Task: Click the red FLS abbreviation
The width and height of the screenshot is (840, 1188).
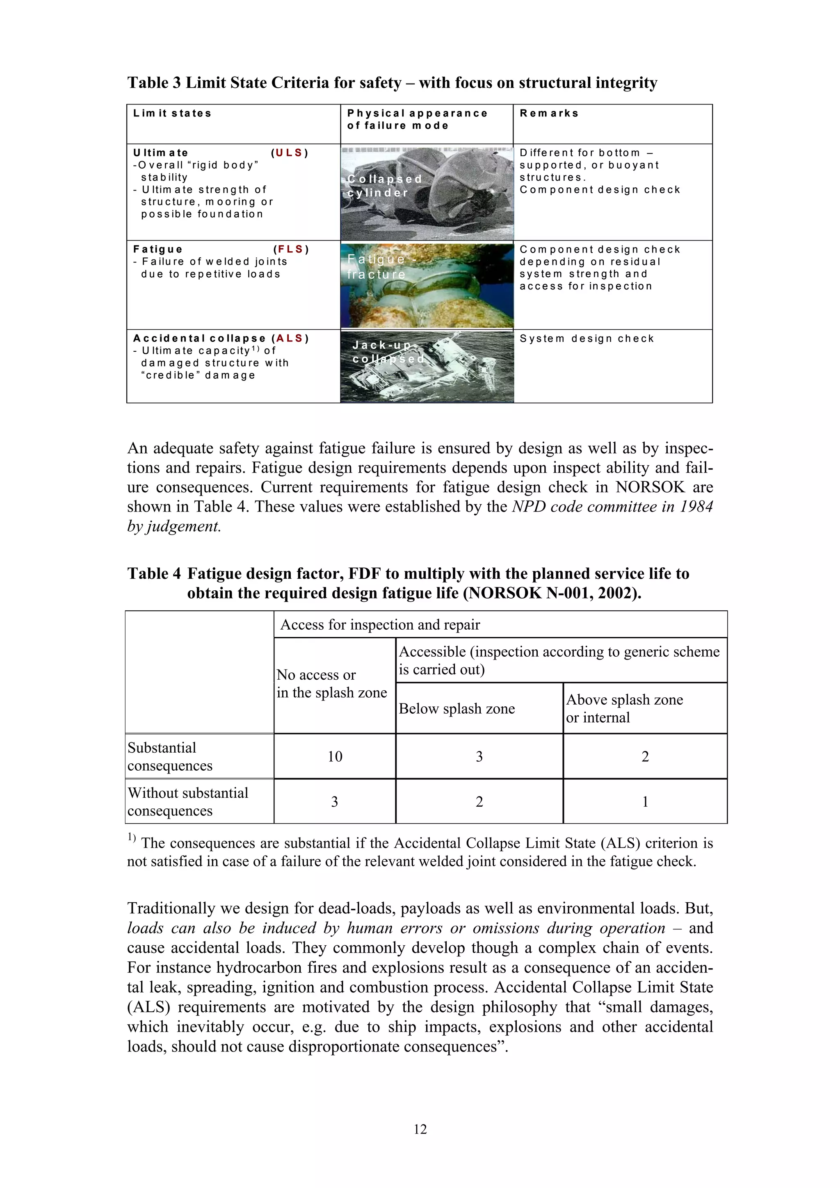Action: (x=290, y=249)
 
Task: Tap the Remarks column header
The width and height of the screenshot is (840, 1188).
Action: (x=549, y=113)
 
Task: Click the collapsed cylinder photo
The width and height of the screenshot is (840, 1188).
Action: (x=427, y=193)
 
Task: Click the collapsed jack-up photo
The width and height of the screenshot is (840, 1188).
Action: (x=427, y=366)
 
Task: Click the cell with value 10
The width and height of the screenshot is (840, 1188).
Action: (x=335, y=756)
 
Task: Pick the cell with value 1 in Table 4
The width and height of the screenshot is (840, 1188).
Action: (x=645, y=801)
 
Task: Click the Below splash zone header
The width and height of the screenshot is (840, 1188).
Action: (x=457, y=708)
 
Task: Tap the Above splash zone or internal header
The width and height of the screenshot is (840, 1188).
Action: (x=624, y=708)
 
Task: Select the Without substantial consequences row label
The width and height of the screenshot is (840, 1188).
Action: (x=188, y=801)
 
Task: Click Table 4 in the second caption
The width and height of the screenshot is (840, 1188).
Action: (x=154, y=574)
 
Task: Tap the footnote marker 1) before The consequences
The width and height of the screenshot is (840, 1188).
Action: (x=132, y=837)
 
